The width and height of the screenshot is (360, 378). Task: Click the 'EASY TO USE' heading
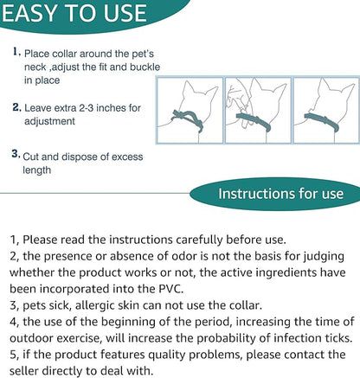tap(74, 13)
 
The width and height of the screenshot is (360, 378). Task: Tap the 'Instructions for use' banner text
tap(280, 194)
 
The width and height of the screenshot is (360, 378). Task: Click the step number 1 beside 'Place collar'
tap(16, 52)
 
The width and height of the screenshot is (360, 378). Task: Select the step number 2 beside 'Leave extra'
tap(17, 107)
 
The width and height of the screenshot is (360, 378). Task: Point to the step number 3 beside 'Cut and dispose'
tap(16, 154)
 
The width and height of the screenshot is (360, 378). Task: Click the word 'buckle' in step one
tap(145, 67)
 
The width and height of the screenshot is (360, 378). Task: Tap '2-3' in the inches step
tap(86, 108)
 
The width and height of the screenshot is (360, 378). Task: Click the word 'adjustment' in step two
tap(49, 121)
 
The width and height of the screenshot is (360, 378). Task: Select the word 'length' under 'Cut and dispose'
tap(37, 170)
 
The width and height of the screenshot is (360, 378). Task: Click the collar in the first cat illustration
tap(188, 119)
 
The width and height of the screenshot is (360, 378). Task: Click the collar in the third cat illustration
tap(322, 121)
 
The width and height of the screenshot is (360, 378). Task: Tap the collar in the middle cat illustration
tap(254, 121)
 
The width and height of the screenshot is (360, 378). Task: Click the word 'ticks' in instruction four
tap(337, 338)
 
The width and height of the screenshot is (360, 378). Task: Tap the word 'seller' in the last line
tap(24, 371)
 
